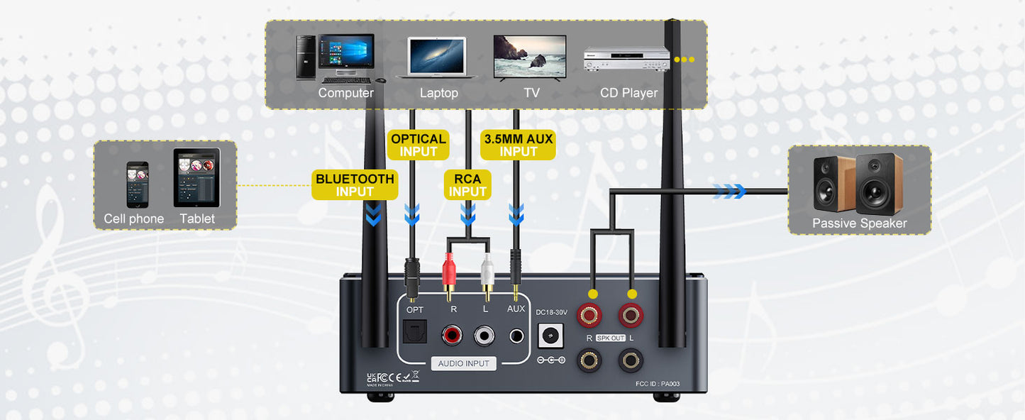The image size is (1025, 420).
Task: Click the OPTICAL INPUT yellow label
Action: point(419,145)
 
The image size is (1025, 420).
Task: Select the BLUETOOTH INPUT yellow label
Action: point(355,185)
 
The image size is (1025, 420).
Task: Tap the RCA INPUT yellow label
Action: point(467,185)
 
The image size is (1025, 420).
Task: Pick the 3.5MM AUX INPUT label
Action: point(518,145)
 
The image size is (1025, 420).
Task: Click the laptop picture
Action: point(437,57)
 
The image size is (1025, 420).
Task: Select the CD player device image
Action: point(626,60)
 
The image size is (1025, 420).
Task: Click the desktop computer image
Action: point(336,58)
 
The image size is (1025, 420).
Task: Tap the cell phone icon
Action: point(137,184)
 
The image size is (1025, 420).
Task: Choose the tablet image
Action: point(196,177)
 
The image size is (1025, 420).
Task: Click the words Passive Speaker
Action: point(859,223)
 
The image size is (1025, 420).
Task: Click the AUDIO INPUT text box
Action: point(463,363)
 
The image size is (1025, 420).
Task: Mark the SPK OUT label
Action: point(610,338)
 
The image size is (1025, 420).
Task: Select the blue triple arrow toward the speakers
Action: point(729,191)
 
